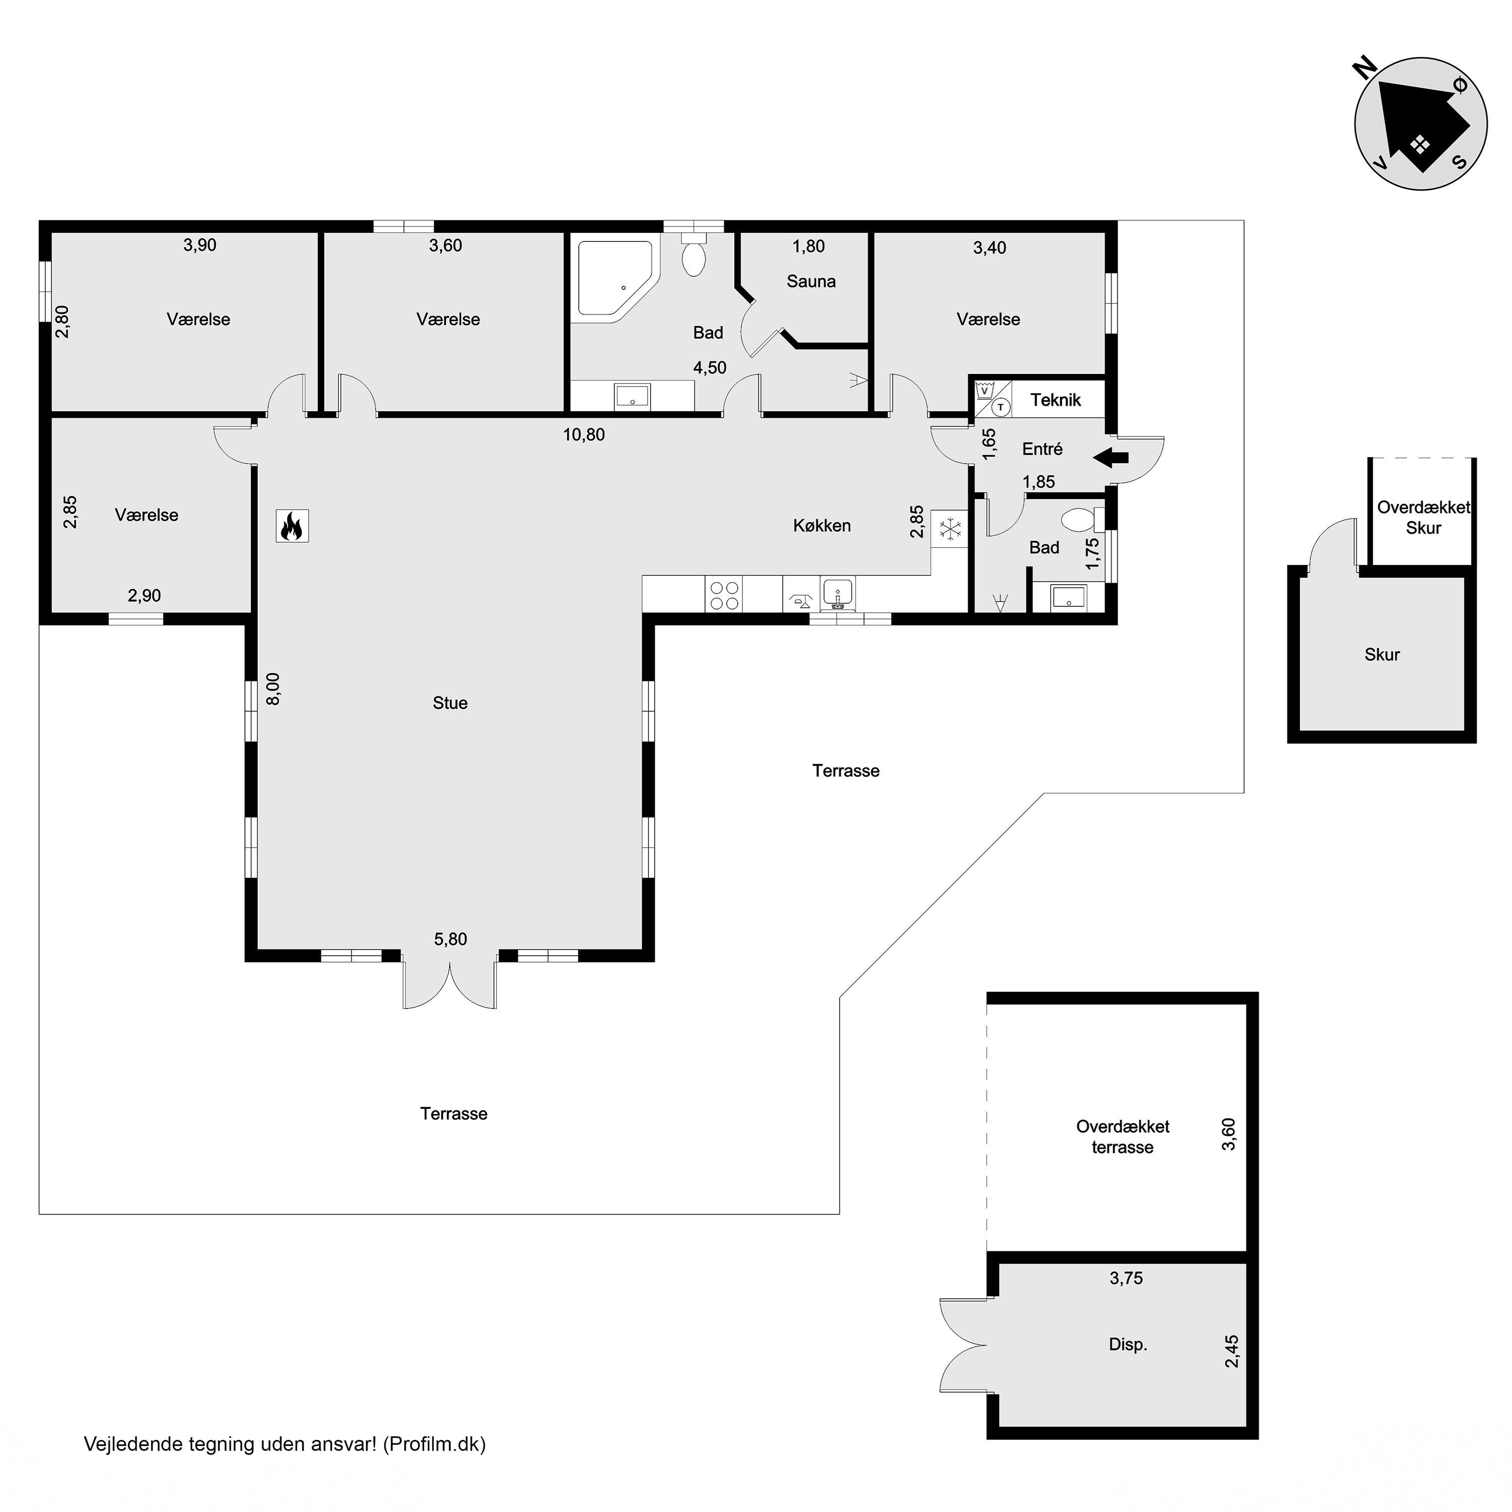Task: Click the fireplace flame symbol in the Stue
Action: (292, 526)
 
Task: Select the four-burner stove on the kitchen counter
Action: (724, 594)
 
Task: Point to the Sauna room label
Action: (811, 281)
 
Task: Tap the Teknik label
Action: (1055, 400)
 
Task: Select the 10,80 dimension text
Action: (584, 434)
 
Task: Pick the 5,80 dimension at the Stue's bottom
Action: (451, 939)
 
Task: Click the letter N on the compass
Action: (1366, 69)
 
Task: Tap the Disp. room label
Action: (1128, 1345)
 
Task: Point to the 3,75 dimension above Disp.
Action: (1126, 1278)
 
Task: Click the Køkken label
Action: (822, 526)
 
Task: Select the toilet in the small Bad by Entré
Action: (1082, 519)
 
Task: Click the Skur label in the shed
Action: (1382, 654)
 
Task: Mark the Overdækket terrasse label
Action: (1122, 1137)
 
